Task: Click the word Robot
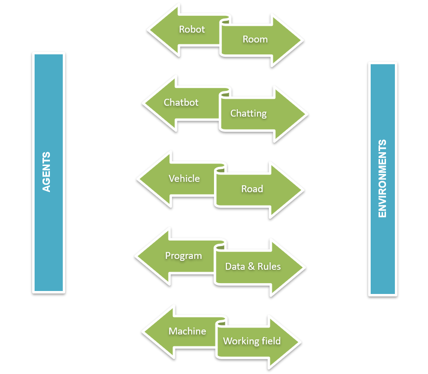coord(192,29)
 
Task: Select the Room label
coord(255,40)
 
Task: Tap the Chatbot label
coord(181,103)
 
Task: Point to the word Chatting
coord(248,114)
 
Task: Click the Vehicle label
coord(184,178)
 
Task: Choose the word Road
coord(252,189)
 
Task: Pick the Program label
coord(183,256)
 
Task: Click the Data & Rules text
coord(253,267)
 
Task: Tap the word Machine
coord(187,331)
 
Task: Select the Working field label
coord(252,341)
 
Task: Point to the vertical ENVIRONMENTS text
coord(382,179)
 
